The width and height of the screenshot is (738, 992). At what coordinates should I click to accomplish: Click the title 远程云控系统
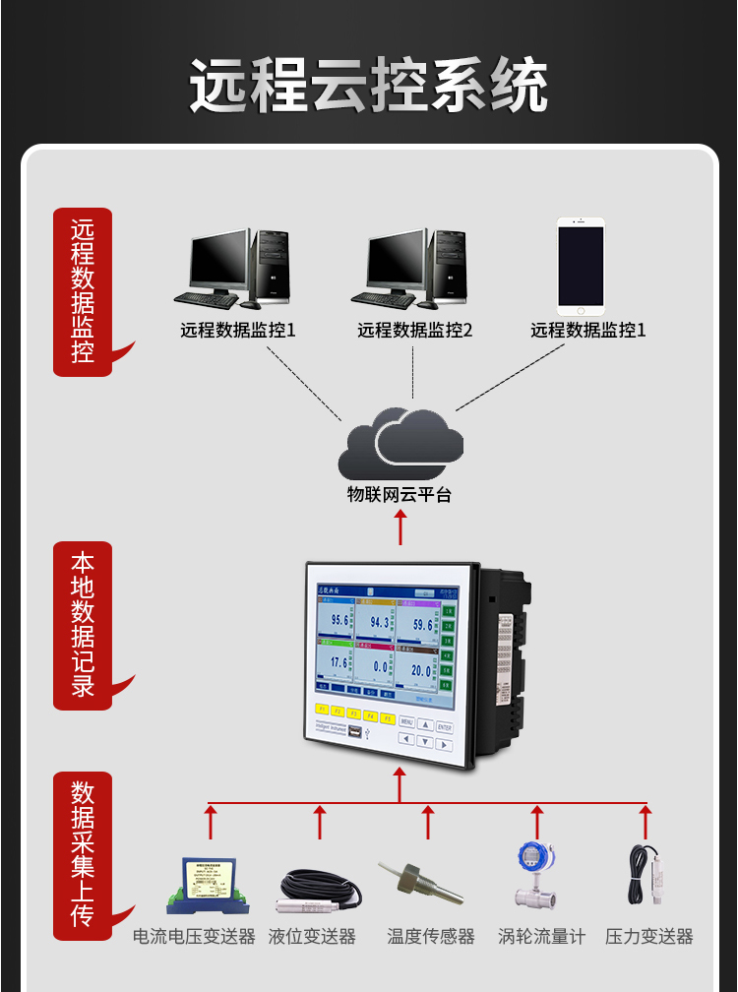(369, 87)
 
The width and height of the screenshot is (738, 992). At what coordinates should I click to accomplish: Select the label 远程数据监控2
(414, 331)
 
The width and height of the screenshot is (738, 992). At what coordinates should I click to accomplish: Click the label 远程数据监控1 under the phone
(588, 331)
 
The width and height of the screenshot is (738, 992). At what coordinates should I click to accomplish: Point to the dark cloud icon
(400, 444)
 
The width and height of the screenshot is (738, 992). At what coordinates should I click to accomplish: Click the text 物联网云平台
(400, 495)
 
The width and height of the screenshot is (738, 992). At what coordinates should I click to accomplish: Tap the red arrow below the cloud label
(400, 528)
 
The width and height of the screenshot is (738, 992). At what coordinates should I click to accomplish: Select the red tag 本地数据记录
(83, 625)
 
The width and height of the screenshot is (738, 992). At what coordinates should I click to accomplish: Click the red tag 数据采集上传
(83, 854)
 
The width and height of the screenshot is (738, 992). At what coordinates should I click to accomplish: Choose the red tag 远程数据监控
(83, 290)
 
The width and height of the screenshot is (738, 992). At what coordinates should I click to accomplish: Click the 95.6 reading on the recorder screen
(339, 621)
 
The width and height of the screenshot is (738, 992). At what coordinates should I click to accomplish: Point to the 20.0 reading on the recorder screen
(421, 670)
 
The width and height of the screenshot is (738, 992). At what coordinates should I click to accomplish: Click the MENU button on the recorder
(408, 721)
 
